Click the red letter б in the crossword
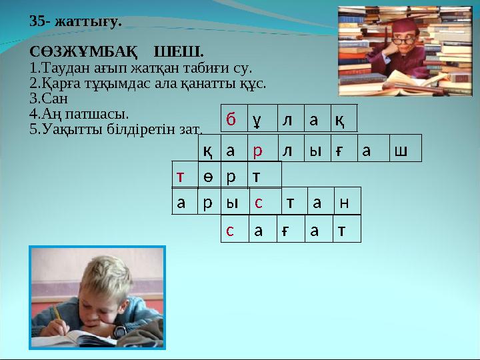click(x=231, y=120)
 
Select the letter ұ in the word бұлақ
click(x=257, y=121)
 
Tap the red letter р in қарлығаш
click(x=257, y=151)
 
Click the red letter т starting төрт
click(x=180, y=176)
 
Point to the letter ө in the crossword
click(x=207, y=176)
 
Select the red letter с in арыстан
click(x=258, y=202)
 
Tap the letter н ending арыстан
click(x=344, y=202)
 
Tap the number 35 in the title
click(x=36, y=21)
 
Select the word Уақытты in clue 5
click(x=66, y=128)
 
